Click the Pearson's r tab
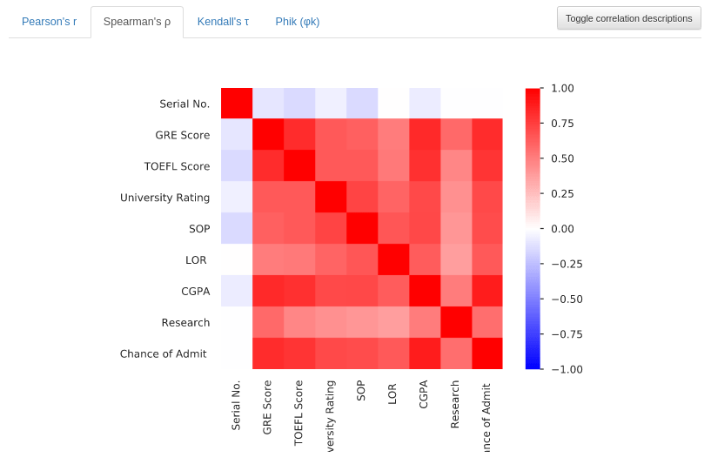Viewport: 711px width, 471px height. pyautogui.click(x=49, y=22)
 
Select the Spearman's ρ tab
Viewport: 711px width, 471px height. pyautogui.click(x=137, y=22)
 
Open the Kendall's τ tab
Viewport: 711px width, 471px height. pyautogui.click(x=223, y=22)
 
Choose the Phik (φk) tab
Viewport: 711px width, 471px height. pyautogui.click(x=297, y=22)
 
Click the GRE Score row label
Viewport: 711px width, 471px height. pyautogui.click(x=182, y=135)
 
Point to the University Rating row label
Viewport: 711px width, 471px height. pyautogui.click(x=164, y=198)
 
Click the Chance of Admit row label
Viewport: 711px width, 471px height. pyautogui.click(x=164, y=353)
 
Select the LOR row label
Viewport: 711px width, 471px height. pyautogui.click(x=197, y=259)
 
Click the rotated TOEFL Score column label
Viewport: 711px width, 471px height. pyautogui.click(x=298, y=413)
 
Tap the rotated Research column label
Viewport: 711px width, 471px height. pyautogui.click(x=455, y=405)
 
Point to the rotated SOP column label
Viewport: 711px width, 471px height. pyautogui.click(x=361, y=390)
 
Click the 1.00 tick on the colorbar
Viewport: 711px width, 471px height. pyautogui.click(x=562, y=88)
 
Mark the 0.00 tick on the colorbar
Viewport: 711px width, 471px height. pyautogui.click(x=562, y=228)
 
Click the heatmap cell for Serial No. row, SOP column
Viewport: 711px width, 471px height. pyautogui.click(x=362, y=104)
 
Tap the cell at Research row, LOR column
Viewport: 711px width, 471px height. pyautogui.click(x=393, y=322)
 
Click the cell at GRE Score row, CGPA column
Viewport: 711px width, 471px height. pyautogui.click(x=425, y=135)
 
